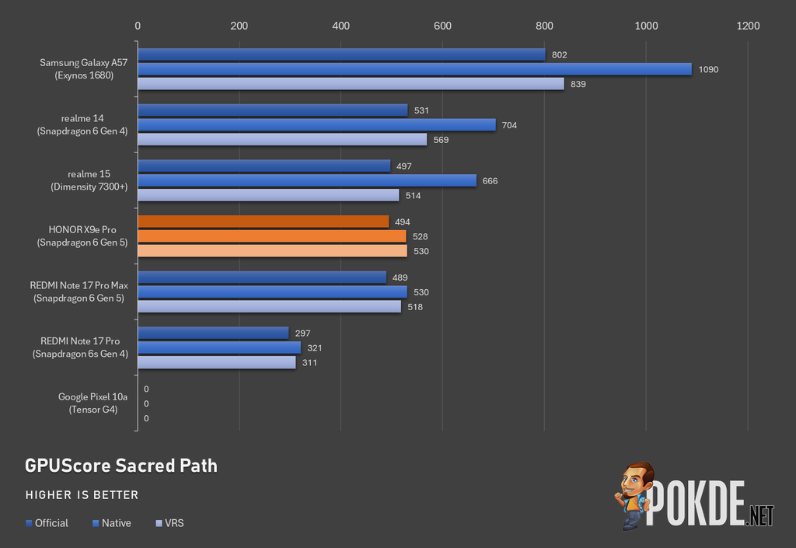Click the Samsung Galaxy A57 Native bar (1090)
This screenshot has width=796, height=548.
coord(415,69)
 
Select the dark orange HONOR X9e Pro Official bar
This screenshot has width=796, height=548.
coord(263,222)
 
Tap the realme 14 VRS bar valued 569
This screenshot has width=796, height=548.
coord(282,140)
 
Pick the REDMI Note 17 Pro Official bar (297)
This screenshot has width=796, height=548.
coord(213,333)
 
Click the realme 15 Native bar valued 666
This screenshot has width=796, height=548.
coord(307,180)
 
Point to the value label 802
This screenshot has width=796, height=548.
coord(560,54)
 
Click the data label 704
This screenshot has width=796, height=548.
coord(509,125)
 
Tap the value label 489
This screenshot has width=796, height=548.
coord(400,277)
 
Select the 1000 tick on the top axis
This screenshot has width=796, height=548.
coord(646,26)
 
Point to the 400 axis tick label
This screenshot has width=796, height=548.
coord(340,26)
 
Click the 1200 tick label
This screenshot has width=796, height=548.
coord(748,26)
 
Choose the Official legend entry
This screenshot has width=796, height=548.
coord(47,523)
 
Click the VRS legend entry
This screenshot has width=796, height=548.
coord(169,523)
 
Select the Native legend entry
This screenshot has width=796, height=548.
coord(112,523)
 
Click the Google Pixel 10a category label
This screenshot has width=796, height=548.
coord(93,403)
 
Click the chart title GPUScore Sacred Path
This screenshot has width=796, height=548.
coord(121,466)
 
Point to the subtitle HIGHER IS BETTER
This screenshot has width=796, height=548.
coord(82,495)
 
